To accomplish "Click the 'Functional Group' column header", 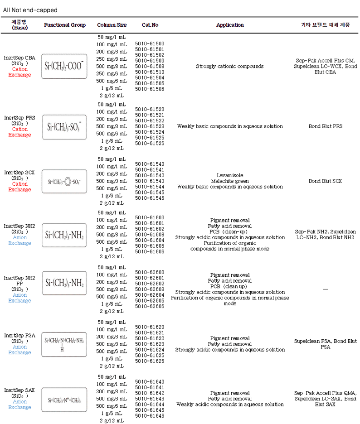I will pyautogui.click(x=65, y=25).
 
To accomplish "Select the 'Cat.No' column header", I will pyautogui.click(x=150, y=25).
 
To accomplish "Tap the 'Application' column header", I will pyautogui.click(x=230, y=25).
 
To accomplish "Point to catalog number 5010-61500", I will pyautogui.click(x=150, y=43).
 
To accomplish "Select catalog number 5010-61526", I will pyautogui.click(x=150, y=143).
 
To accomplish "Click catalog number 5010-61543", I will pyautogui.click(x=150, y=181).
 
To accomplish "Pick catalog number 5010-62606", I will pyautogui.click(x=150, y=306).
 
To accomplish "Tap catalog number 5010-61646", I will pyautogui.click(x=150, y=415).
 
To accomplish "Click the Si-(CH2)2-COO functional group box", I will pyautogui.click(x=64, y=67).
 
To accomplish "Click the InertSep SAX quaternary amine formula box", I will pyautogui.click(x=64, y=400).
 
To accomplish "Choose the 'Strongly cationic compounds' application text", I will pyautogui.click(x=229, y=66).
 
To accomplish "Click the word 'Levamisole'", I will pyautogui.click(x=230, y=175).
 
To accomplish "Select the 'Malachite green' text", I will pyautogui.click(x=230, y=181).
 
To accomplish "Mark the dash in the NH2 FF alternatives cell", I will pyautogui.click(x=325, y=289).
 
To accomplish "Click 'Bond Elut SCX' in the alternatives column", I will pyautogui.click(x=325, y=181).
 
